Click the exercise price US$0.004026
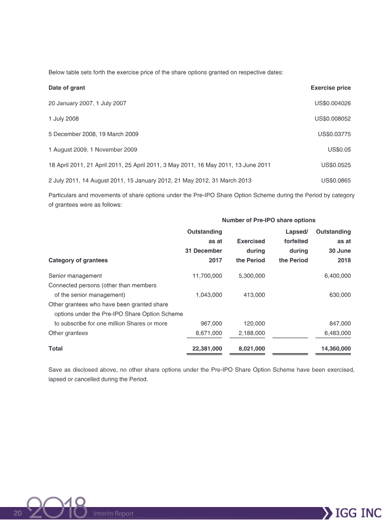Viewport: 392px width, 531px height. pyautogui.click(x=333, y=103)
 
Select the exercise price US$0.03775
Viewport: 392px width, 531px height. pyautogui.click(x=334, y=134)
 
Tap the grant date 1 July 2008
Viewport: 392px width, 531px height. pyautogui.click(x=64, y=118)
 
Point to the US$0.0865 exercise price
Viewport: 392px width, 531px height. pyautogui.click(x=336, y=181)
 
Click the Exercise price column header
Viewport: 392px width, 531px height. pyautogui.click(x=331, y=88)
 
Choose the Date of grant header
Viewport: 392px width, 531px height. pyautogui.click(x=67, y=88)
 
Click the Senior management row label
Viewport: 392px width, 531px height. pyautogui.click(x=75, y=276)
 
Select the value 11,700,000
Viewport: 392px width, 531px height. pyautogui.click(x=205, y=276)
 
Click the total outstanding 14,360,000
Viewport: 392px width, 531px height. pyautogui.click(x=334, y=349)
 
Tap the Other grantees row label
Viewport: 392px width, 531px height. pyautogui.click(x=68, y=333)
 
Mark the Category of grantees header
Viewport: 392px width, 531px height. pyautogui.click(x=78, y=260)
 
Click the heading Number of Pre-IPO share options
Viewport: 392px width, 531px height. pyautogui.click(x=269, y=221)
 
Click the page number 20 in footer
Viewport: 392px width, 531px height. pyautogui.click(x=18, y=513)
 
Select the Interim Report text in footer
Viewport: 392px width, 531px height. pyautogui.click(x=113, y=513)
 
